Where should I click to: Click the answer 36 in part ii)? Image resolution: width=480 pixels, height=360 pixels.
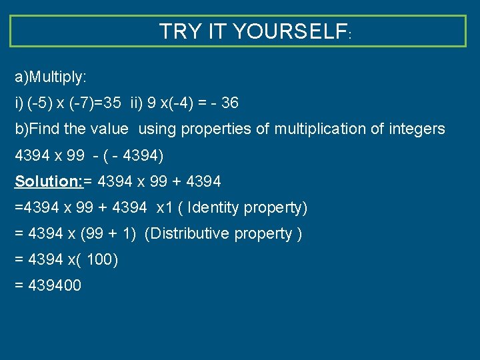(229, 103)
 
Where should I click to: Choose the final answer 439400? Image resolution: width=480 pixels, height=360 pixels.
(55, 286)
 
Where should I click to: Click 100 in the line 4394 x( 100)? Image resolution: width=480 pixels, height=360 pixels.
(99, 260)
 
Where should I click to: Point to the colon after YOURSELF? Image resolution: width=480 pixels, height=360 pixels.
(349, 34)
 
